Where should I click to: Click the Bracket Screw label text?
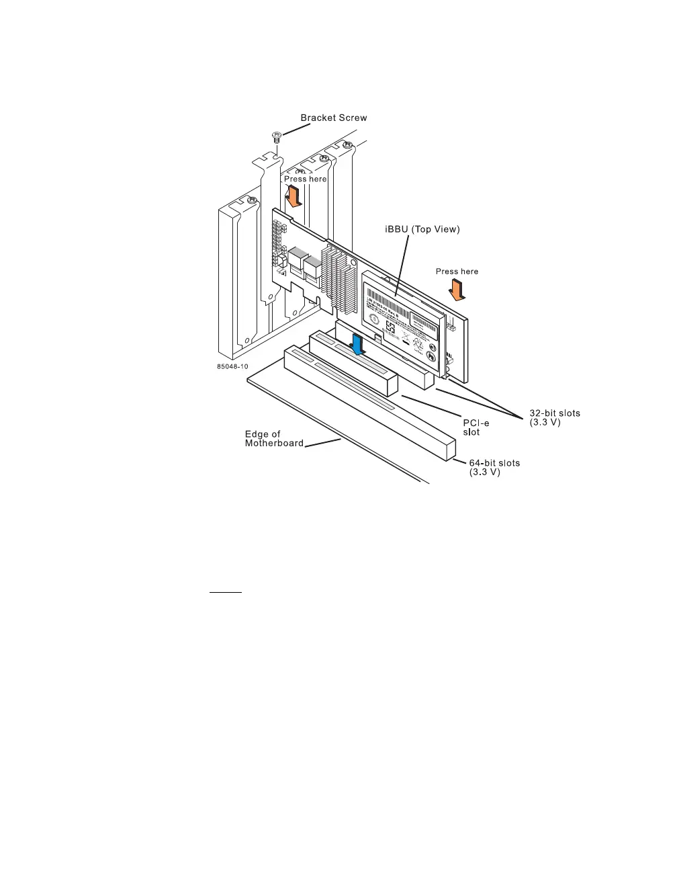tap(334, 118)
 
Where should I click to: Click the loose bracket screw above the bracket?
tap(275, 137)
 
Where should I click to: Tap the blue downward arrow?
tap(359, 345)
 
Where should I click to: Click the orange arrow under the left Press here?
tap(293, 196)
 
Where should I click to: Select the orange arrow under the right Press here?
tap(457, 290)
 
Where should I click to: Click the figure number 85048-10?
tap(232, 367)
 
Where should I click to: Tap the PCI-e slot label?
tap(476, 427)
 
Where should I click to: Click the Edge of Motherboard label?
tap(273, 438)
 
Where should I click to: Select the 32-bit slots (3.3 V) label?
tap(554, 417)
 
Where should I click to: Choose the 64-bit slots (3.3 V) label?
tap(494, 467)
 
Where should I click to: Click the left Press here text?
tap(305, 179)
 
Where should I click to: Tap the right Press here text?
tap(457, 272)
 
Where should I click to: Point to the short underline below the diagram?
tap(225, 593)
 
